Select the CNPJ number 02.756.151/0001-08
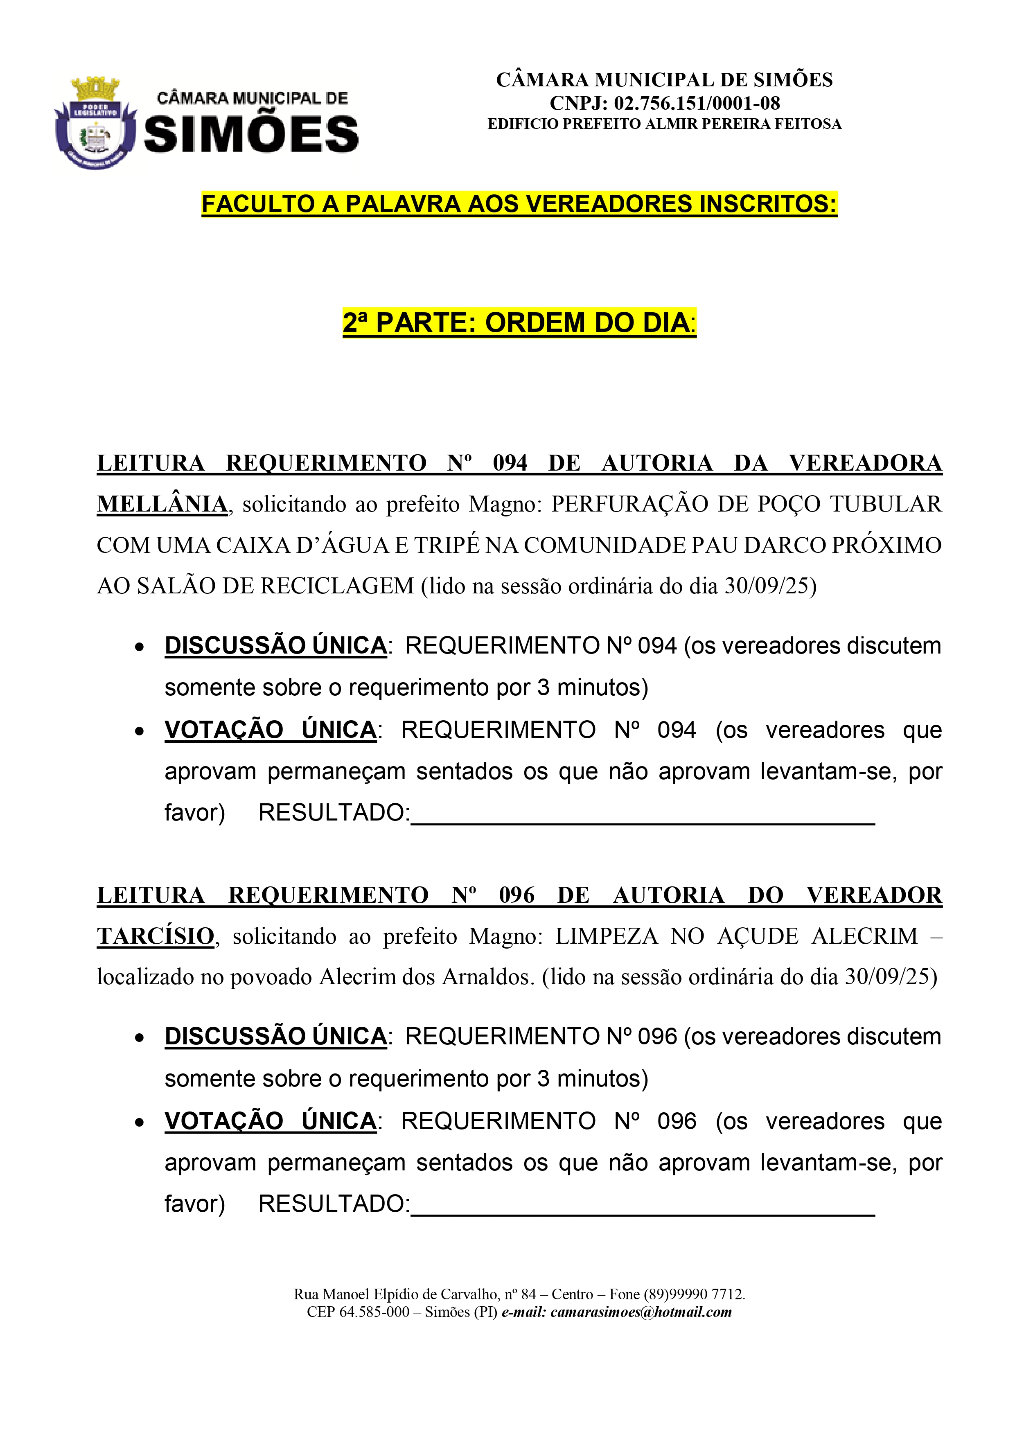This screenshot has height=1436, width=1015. point(697,103)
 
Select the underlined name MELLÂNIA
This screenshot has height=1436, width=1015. point(162,504)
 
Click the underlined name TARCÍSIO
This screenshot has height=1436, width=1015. point(156,936)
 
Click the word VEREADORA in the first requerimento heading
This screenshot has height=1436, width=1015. point(865,463)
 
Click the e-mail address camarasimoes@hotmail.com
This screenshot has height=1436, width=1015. point(641,1312)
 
